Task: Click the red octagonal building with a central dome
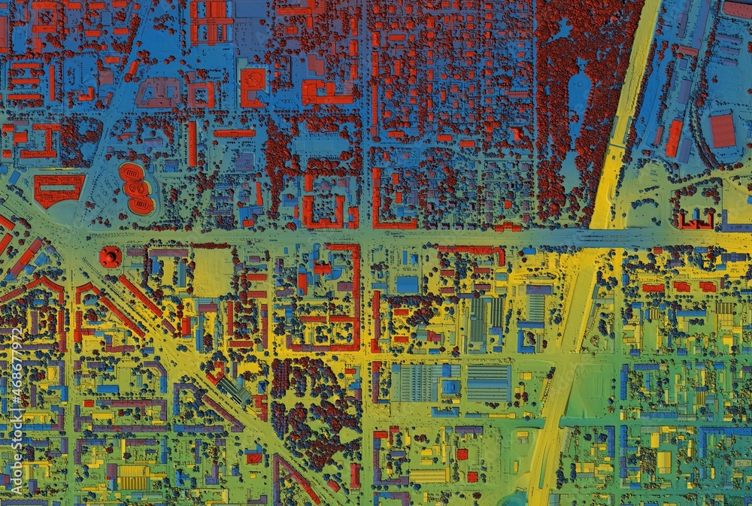(x=110, y=257)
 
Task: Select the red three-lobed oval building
(x=136, y=188)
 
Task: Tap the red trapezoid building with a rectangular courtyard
(x=58, y=189)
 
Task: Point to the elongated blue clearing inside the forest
(x=578, y=98)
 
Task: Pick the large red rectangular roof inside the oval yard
(x=723, y=130)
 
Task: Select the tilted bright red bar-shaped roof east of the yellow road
(x=674, y=138)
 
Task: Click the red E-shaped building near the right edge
(x=696, y=220)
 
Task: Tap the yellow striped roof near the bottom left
(x=135, y=476)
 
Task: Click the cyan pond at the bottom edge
(x=514, y=498)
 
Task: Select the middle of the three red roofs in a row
(x=681, y=286)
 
